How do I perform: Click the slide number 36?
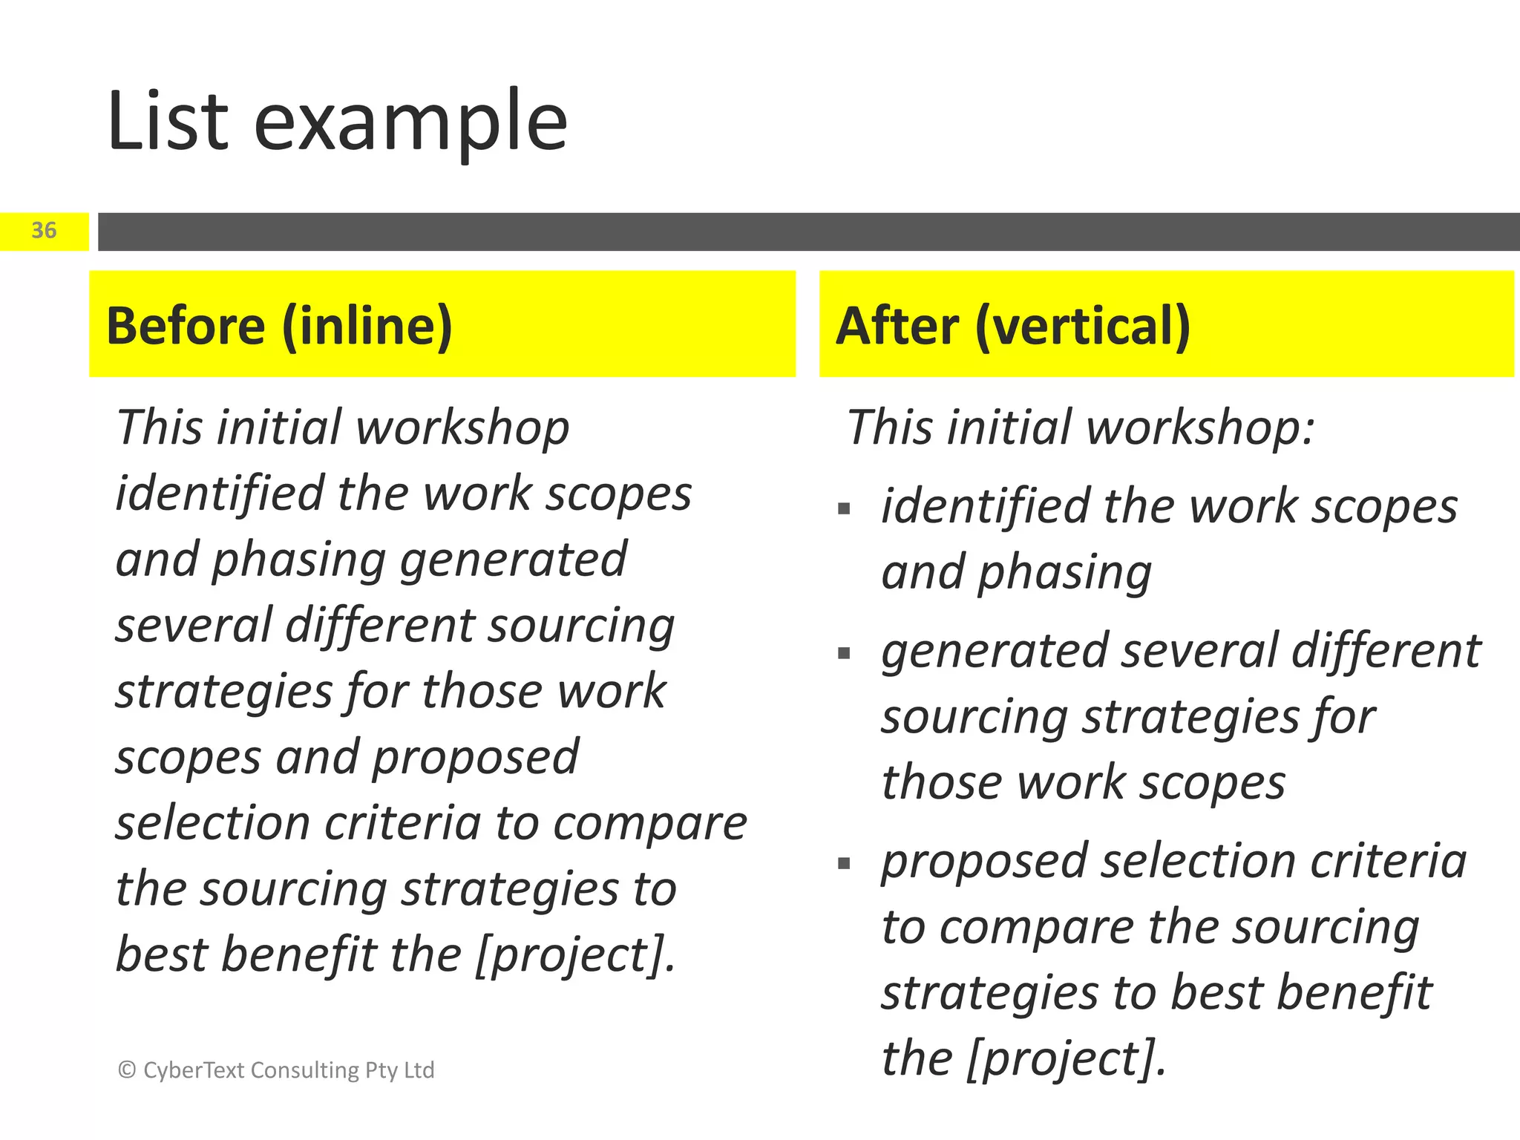(44, 231)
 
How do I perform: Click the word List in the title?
(168, 121)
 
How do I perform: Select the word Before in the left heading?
(186, 326)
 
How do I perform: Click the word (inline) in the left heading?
(367, 327)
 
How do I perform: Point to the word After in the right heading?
(897, 326)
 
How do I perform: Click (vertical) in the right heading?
(1083, 327)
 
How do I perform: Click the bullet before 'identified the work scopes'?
(844, 509)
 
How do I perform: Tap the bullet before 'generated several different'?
(844, 654)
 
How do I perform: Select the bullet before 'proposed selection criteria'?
(844, 864)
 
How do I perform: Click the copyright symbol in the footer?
(127, 1069)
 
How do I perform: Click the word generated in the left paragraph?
(514, 560)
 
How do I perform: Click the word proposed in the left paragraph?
(475, 758)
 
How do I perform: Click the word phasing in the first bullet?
(1064, 573)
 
